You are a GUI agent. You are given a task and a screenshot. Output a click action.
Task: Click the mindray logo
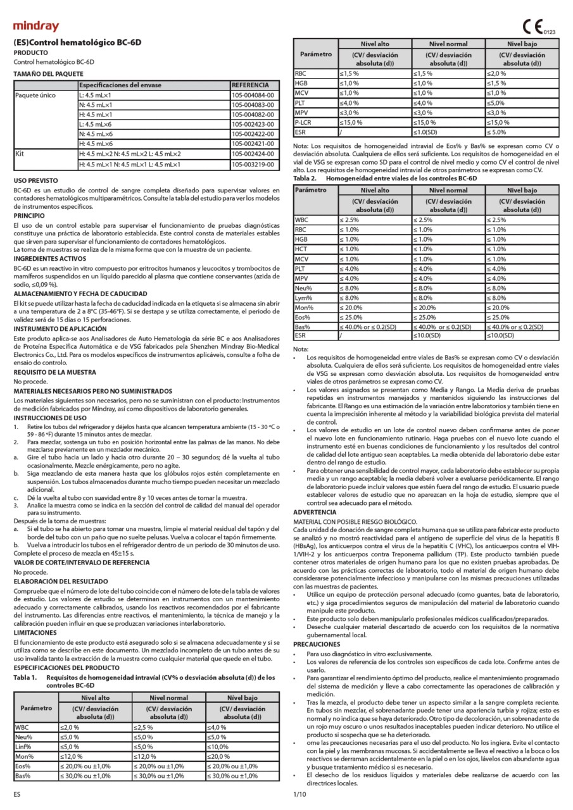[x=36, y=27]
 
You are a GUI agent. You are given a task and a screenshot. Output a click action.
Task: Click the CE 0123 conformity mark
[x=538, y=27]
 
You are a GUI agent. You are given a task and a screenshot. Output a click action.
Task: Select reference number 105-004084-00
[x=253, y=95]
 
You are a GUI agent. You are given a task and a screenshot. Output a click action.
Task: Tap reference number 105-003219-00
[x=253, y=165]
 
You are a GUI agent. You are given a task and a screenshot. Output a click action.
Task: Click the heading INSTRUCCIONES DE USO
[x=50, y=418]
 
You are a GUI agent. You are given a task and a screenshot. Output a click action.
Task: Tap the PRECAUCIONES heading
[x=321, y=643]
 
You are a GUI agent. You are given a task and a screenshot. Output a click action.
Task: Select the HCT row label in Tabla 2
[x=301, y=249]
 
